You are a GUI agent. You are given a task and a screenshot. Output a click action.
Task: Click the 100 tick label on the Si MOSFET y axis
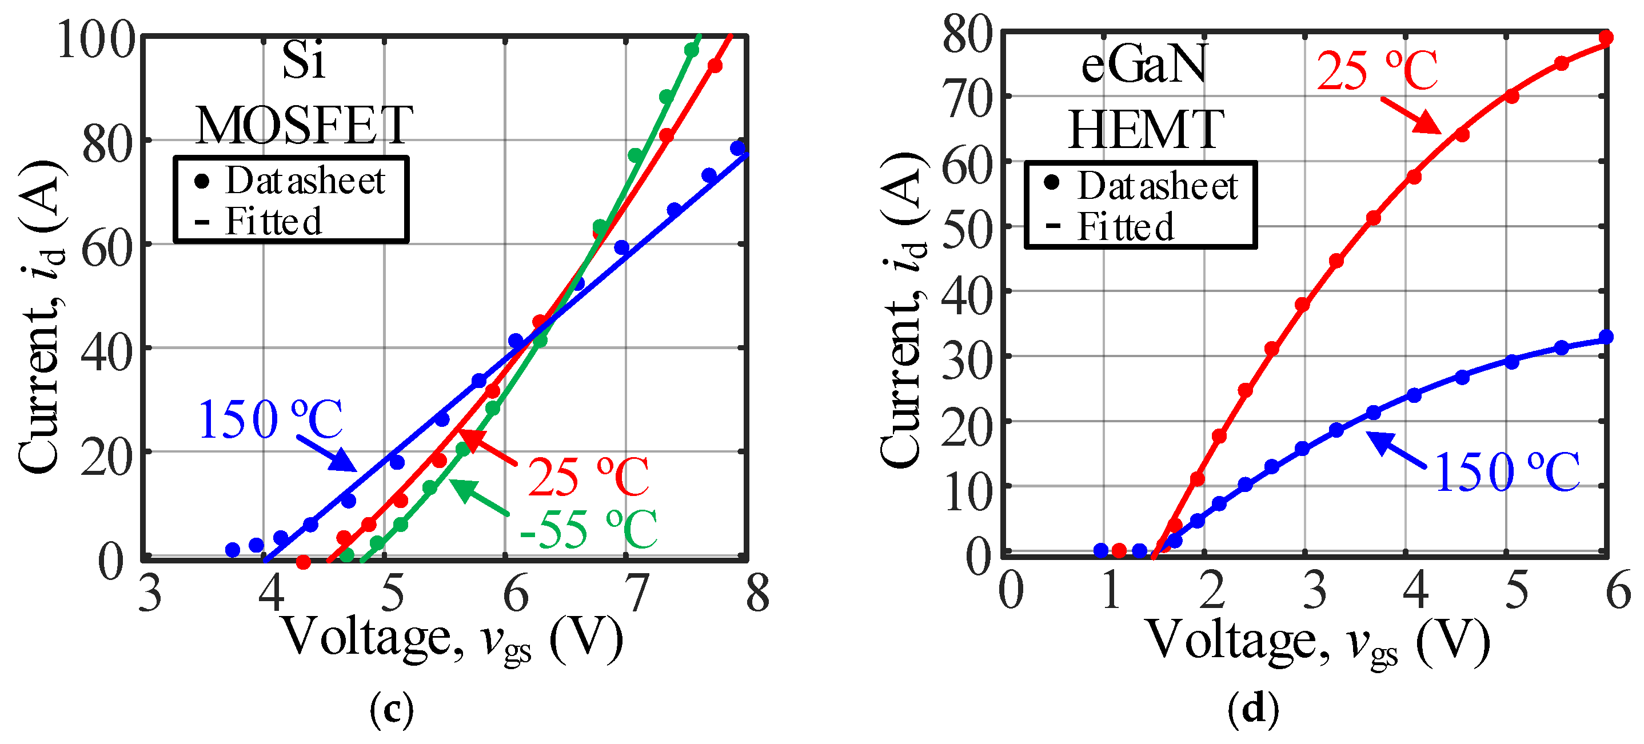pyautogui.click(x=95, y=39)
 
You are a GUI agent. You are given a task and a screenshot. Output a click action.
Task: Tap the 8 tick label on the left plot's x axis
pyautogui.click(x=757, y=593)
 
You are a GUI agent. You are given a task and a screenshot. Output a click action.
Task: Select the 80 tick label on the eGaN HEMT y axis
pyautogui.click(x=968, y=34)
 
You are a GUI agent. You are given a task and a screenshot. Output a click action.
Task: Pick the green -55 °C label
pyautogui.click(x=587, y=530)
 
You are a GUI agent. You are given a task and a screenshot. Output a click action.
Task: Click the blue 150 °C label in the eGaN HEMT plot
pyautogui.click(x=1507, y=472)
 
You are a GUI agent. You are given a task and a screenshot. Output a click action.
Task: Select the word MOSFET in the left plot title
pyautogui.click(x=304, y=126)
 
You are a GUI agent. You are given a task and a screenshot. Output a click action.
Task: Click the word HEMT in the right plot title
pyautogui.click(x=1146, y=130)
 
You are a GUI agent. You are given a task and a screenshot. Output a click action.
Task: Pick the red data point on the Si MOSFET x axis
pyautogui.click(x=304, y=562)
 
